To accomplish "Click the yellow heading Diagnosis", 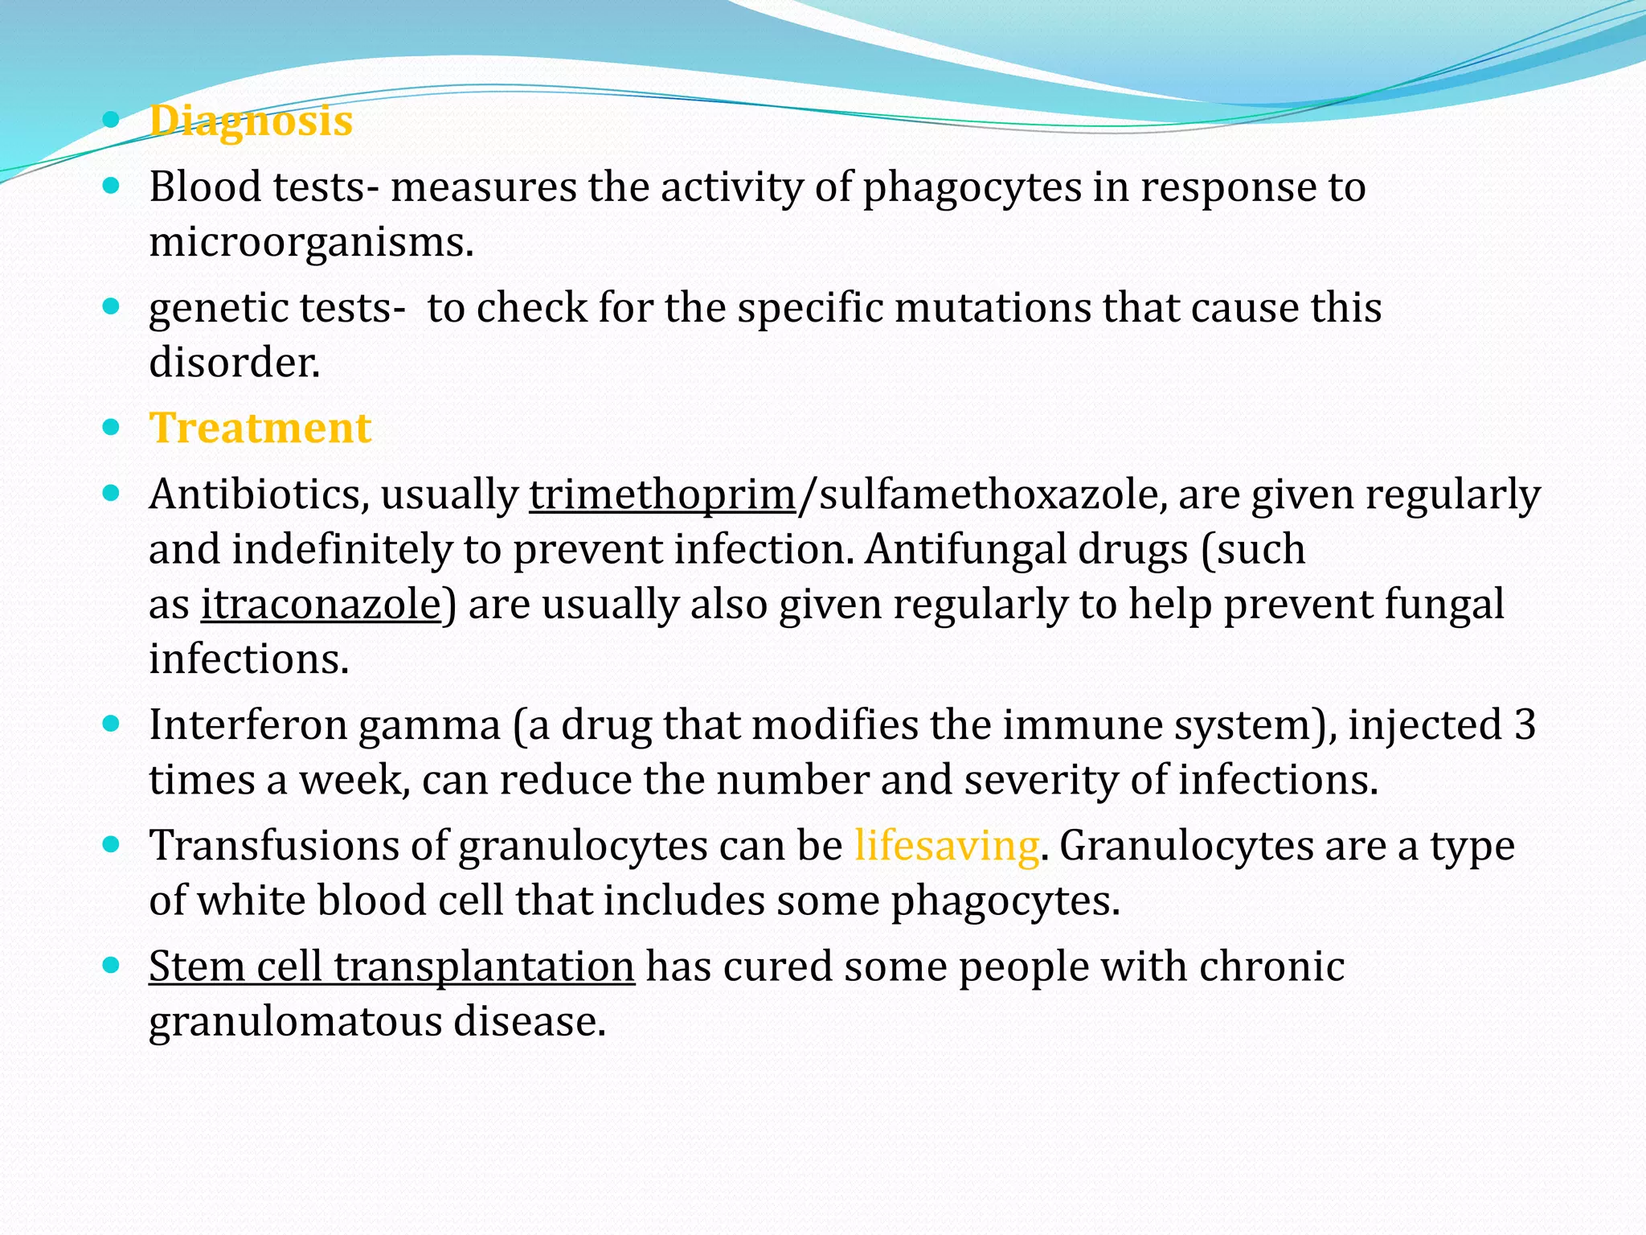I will [251, 121].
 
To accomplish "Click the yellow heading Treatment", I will [260, 428].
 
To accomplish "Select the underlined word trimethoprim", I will [662, 494].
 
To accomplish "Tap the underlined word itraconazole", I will [321, 605].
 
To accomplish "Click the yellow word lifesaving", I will [947, 846].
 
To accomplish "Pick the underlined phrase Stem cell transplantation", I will [392, 966].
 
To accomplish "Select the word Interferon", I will [248, 725].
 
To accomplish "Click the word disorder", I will [233, 363].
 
